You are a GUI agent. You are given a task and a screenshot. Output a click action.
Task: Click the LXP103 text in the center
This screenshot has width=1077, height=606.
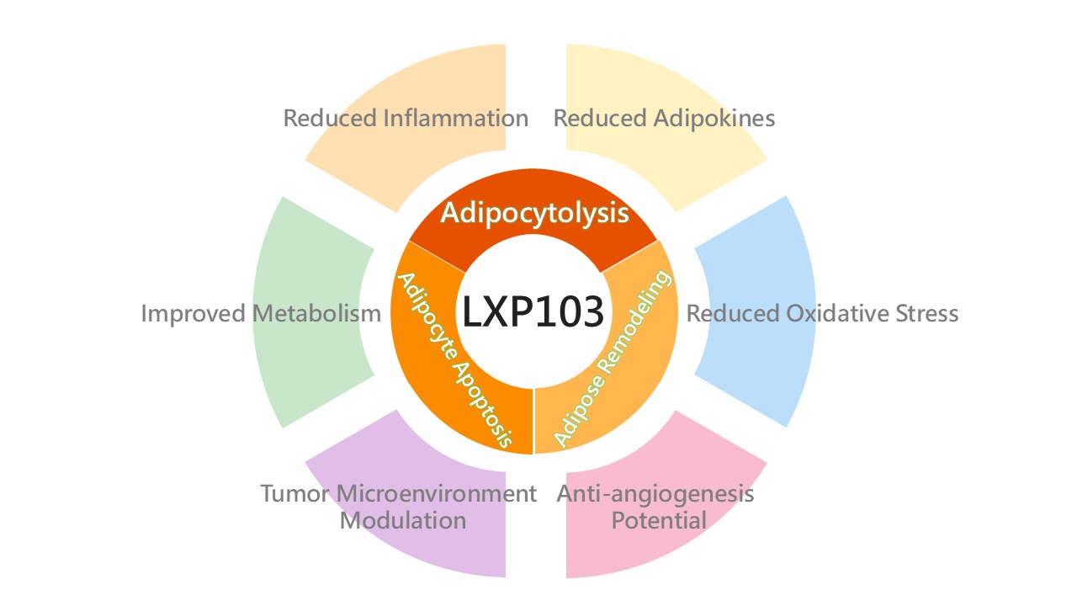click(x=533, y=312)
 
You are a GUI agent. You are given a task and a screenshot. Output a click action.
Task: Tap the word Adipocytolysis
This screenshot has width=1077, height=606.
click(x=535, y=213)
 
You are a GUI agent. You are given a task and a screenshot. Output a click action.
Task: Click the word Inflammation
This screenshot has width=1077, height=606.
click(x=456, y=118)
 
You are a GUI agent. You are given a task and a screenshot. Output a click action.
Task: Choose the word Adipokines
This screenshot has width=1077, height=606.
click(x=714, y=118)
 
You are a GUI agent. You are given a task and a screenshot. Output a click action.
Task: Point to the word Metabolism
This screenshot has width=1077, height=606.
click(x=317, y=314)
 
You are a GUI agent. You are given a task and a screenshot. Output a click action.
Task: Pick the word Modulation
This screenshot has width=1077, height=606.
click(x=402, y=520)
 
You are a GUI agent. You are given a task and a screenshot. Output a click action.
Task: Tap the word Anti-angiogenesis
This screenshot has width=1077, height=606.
click(x=655, y=493)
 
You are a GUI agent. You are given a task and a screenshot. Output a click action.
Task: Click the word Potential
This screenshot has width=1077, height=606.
click(x=659, y=520)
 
